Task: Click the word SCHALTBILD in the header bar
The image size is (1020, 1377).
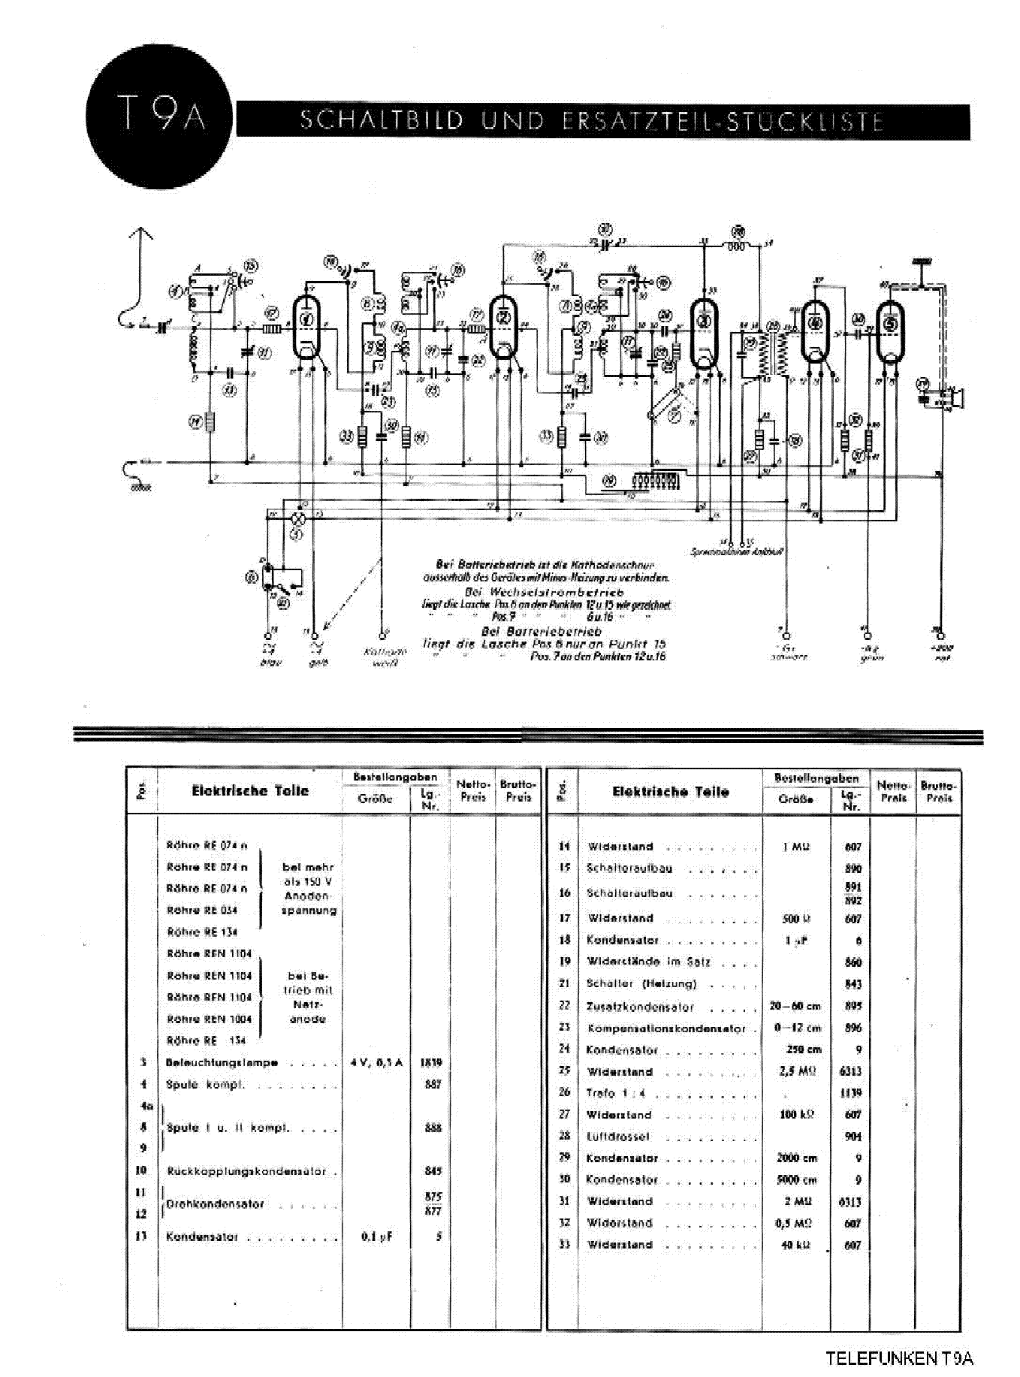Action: (x=381, y=121)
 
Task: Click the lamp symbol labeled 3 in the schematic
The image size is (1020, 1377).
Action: (x=299, y=518)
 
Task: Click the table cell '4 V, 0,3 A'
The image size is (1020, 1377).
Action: (x=376, y=1062)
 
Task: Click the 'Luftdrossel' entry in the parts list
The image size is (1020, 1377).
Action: (x=617, y=1137)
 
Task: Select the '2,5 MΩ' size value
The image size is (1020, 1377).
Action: (x=797, y=1071)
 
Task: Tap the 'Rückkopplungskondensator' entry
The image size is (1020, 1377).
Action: (x=246, y=1171)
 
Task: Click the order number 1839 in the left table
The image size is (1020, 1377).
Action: (x=432, y=1062)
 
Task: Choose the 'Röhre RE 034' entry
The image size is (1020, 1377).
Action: (x=202, y=910)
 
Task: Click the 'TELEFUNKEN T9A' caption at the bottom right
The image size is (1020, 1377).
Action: (x=899, y=1358)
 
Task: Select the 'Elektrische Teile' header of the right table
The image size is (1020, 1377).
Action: (x=670, y=792)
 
